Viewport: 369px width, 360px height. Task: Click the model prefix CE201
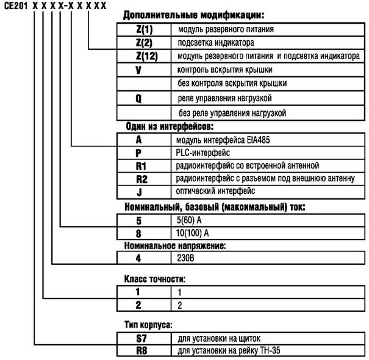pyautogui.click(x=15, y=5)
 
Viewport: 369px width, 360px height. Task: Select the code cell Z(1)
pyautogui.click(x=144, y=29)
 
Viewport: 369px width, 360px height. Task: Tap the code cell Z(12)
pyautogui.click(x=144, y=56)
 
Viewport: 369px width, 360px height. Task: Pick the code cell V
pyautogui.click(x=144, y=70)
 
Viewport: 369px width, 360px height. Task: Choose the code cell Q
pyautogui.click(x=144, y=98)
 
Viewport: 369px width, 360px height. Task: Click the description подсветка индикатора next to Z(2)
pyautogui.click(x=216, y=43)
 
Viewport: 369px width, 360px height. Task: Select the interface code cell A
pyautogui.click(x=144, y=140)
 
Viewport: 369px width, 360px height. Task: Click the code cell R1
pyautogui.click(x=144, y=165)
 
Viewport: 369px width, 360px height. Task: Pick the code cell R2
pyautogui.click(x=144, y=179)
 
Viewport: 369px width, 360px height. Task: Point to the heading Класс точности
pyautogui.click(x=156, y=279)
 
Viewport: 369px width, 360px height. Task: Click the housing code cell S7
pyautogui.click(x=144, y=337)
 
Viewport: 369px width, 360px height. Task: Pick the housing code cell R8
pyautogui.click(x=144, y=351)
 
